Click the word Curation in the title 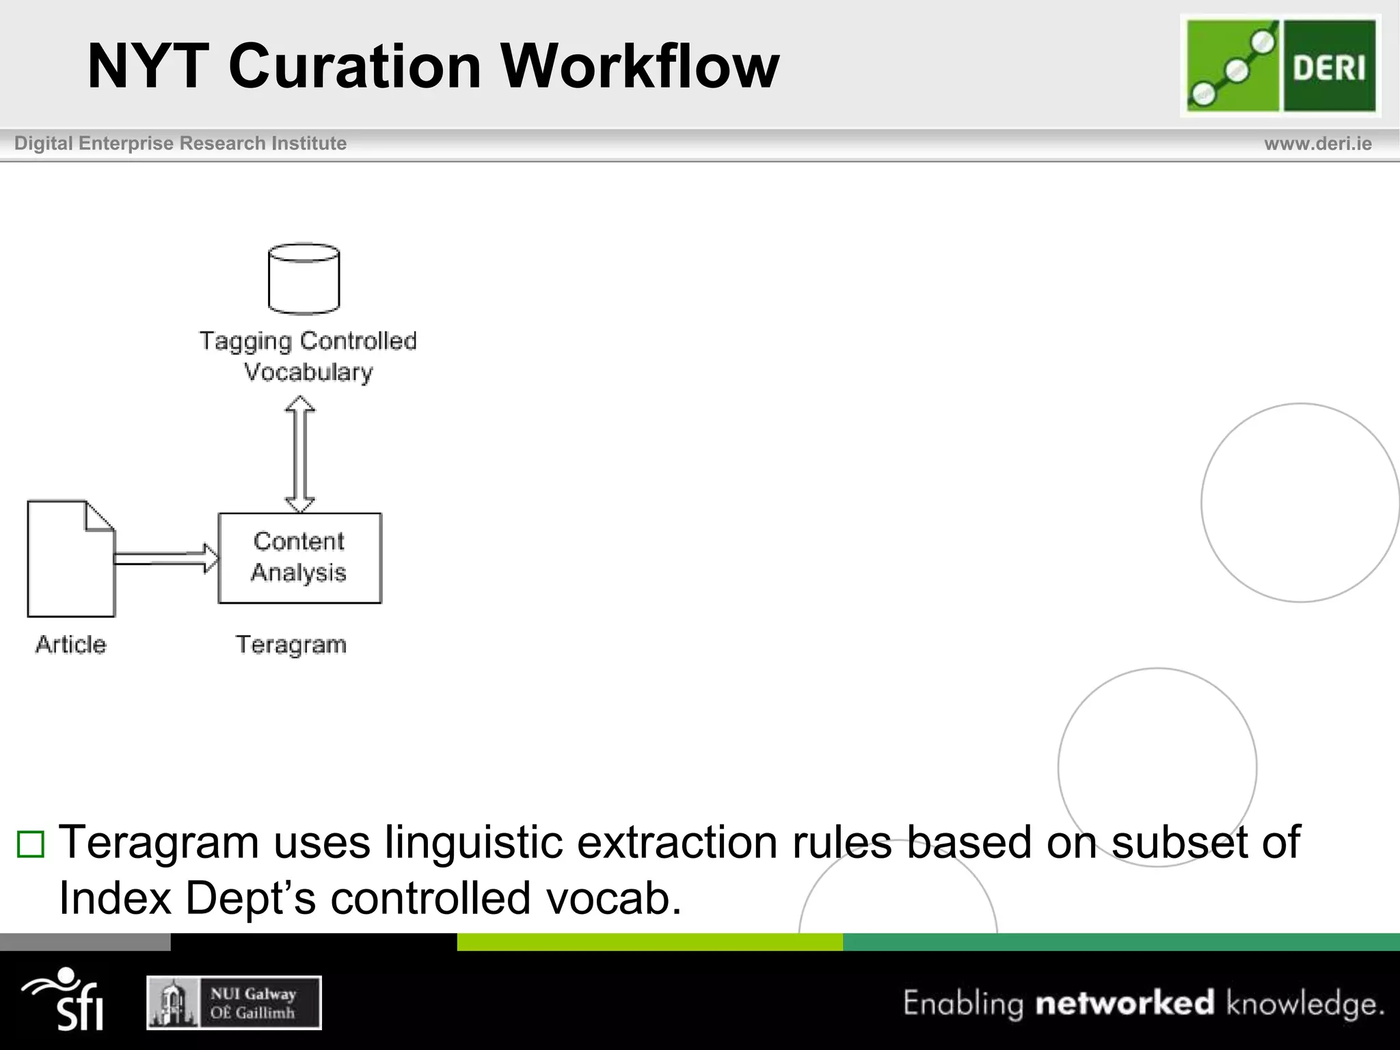pyautogui.click(x=355, y=66)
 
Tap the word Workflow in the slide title pyautogui.click(x=639, y=66)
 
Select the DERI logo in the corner pyautogui.click(x=1280, y=66)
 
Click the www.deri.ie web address pyautogui.click(x=1317, y=144)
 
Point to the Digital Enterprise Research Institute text pyautogui.click(x=180, y=144)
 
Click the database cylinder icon pyautogui.click(x=304, y=279)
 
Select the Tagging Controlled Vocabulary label pyautogui.click(x=308, y=356)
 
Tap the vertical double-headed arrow pyautogui.click(x=299, y=455)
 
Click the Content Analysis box pyautogui.click(x=299, y=558)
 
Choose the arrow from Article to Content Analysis pyautogui.click(x=166, y=558)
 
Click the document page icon pyautogui.click(x=70, y=558)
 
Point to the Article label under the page pyautogui.click(x=71, y=644)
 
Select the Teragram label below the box pyautogui.click(x=291, y=644)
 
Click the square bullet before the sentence pyautogui.click(x=31, y=844)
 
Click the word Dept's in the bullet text pyautogui.click(x=251, y=898)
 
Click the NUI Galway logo pyautogui.click(x=234, y=1003)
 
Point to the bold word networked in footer pyautogui.click(x=1125, y=1003)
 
